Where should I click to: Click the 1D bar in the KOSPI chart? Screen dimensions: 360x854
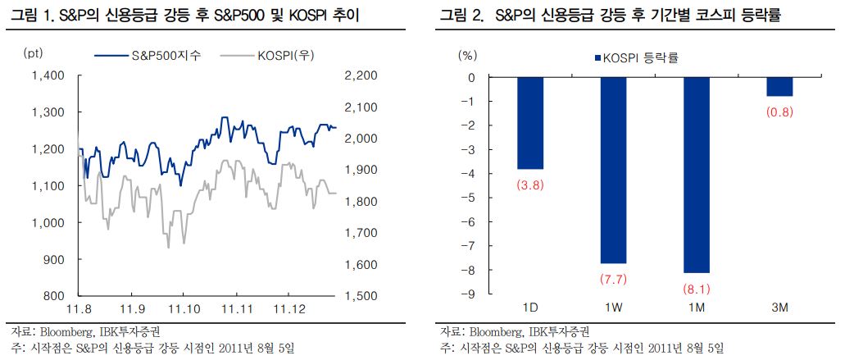(x=530, y=123)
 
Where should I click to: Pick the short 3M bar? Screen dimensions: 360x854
(x=779, y=87)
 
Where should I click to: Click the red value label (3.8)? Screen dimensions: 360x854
(x=530, y=185)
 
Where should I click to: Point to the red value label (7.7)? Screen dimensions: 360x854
(x=614, y=280)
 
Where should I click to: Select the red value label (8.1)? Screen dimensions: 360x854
(x=696, y=289)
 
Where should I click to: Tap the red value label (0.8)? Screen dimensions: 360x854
(x=779, y=112)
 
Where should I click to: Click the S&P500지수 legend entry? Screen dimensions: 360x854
(x=150, y=56)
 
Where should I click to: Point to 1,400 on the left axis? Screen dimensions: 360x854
(x=47, y=76)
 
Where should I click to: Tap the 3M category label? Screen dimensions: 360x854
(x=779, y=308)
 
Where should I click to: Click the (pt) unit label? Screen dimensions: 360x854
(x=34, y=54)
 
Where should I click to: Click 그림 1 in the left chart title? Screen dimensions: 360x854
(x=26, y=16)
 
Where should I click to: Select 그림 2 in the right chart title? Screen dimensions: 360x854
(x=461, y=16)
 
